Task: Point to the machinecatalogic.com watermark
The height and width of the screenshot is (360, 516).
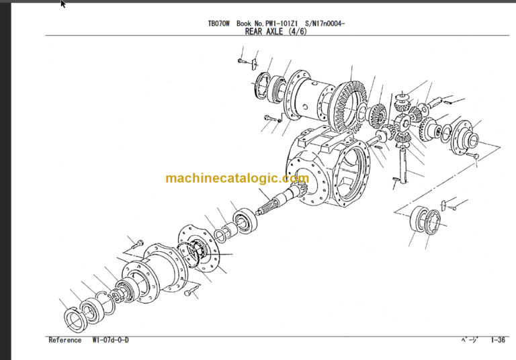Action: click(x=236, y=179)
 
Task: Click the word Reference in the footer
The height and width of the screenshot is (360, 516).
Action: click(x=64, y=341)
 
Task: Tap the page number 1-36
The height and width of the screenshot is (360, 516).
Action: click(x=498, y=341)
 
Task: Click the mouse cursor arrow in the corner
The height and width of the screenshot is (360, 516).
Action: click(x=63, y=4)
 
